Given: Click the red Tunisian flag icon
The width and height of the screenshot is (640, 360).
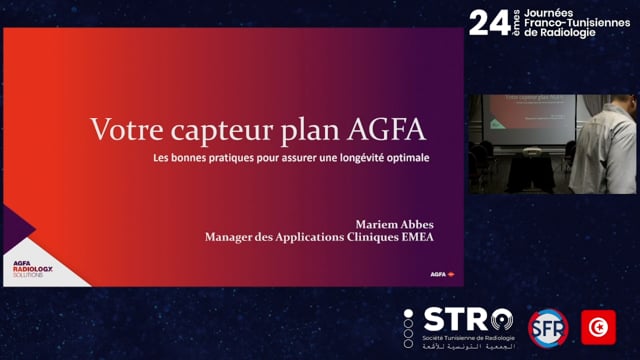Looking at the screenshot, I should pos(598,327).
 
